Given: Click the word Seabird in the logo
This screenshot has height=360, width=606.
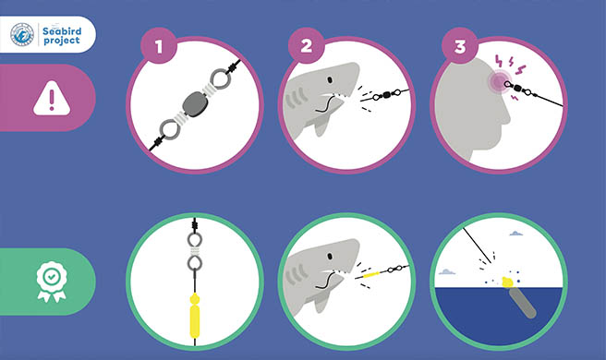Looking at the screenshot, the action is click(x=62, y=30).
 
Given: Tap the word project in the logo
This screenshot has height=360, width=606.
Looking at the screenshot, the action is click(x=62, y=41).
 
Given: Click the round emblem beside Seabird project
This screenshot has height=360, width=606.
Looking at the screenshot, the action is click(x=22, y=34).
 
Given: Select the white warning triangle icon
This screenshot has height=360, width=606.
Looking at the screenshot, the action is click(x=52, y=98).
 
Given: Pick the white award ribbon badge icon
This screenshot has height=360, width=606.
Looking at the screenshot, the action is click(x=52, y=282).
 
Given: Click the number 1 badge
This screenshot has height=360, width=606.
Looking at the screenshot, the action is click(x=159, y=46).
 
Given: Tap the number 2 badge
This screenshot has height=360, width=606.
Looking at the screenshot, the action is click(x=306, y=46).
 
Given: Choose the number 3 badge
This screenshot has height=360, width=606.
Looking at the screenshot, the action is click(x=460, y=46).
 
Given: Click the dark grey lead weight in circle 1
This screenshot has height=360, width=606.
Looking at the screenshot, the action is click(x=195, y=104).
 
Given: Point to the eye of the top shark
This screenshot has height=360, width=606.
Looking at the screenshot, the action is click(x=330, y=80).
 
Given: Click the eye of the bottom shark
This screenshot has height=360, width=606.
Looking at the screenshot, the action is click(x=330, y=257).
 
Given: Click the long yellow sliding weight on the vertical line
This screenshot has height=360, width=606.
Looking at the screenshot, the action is click(x=195, y=321).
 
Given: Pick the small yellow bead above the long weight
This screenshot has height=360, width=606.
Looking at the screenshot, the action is click(x=195, y=299).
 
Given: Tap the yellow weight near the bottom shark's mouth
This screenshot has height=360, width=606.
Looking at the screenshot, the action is click(x=371, y=275).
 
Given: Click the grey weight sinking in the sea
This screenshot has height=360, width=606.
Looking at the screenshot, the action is click(x=523, y=303).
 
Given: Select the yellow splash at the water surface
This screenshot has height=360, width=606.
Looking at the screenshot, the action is click(x=507, y=282).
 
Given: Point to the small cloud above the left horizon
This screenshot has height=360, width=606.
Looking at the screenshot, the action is click(x=447, y=272).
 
